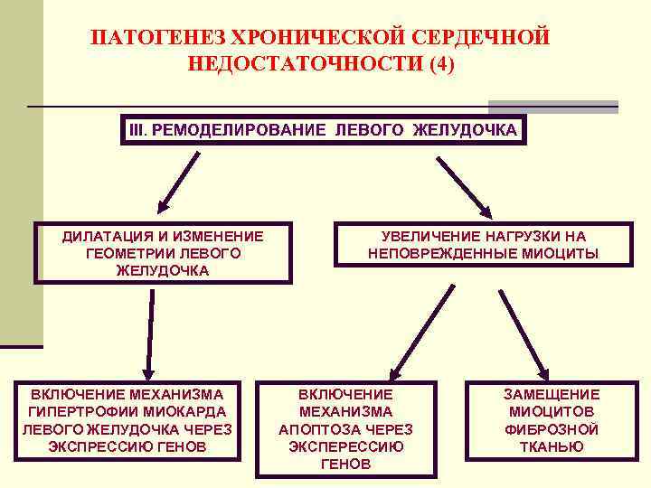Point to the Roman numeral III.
tap(137, 129)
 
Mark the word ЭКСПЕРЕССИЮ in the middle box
tap(345, 446)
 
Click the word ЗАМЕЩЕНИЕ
tap(552, 394)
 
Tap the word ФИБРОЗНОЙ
tap(552, 428)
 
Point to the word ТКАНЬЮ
tap(552, 446)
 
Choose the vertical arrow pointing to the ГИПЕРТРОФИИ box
tap(144, 333)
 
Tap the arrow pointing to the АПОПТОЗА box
tap(421, 331)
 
